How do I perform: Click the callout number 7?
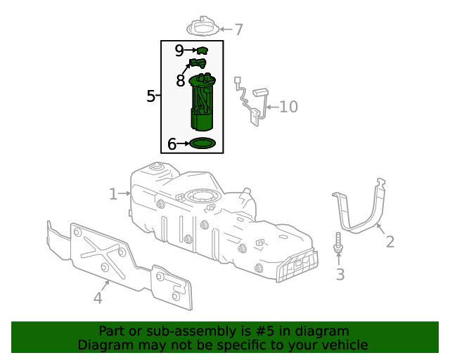[239, 30]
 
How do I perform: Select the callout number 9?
[179, 51]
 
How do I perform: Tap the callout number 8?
[181, 81]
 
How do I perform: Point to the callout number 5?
[150, 96]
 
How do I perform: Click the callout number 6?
[172, 144]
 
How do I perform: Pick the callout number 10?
[289, 107]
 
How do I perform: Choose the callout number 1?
[113, 193]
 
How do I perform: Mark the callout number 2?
[390, 243]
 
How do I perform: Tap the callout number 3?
[340, 274]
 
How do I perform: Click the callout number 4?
[98, 298]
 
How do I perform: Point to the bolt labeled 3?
[338, 244]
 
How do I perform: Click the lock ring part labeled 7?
[202, 27]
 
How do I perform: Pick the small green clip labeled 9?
[203, 50]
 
